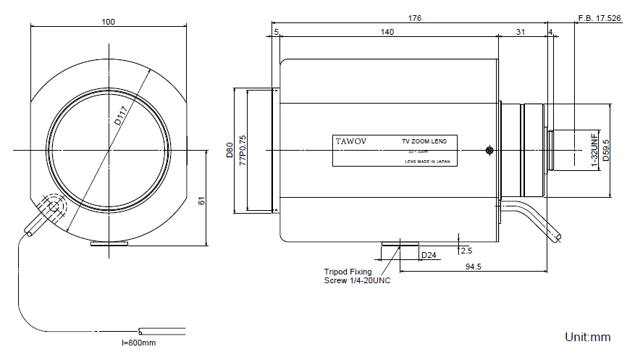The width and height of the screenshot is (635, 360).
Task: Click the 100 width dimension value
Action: click(x=109, y=22)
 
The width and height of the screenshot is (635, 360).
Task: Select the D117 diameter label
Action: click(x=121, y=115)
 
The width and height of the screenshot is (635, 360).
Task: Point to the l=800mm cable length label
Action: click(x=138, y=342)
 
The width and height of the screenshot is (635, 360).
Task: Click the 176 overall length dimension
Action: click(x=414, y=18)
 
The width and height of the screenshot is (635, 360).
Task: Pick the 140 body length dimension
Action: click(x=387, y=32)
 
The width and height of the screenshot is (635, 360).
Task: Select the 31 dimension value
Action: click(x=521, y=32)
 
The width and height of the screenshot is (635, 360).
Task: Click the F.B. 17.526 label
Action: click(x=599, y=18)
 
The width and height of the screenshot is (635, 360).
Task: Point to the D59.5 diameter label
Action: click(x=606, y=151)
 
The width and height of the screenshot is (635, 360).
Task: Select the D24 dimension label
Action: click(x=429, y=255)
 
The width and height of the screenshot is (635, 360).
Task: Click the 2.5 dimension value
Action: click(x=466, y=251)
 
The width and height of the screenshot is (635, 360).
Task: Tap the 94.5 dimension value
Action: click(x=474, y=267)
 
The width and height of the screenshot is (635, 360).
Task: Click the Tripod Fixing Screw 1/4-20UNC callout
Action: click(x=356, y=276)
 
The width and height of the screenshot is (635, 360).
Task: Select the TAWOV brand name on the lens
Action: click(x=350, y=141)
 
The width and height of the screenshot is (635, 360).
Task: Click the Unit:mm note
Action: click(x=588, y=337)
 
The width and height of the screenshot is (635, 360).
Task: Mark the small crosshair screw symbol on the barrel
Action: click(x=489, y=151)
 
